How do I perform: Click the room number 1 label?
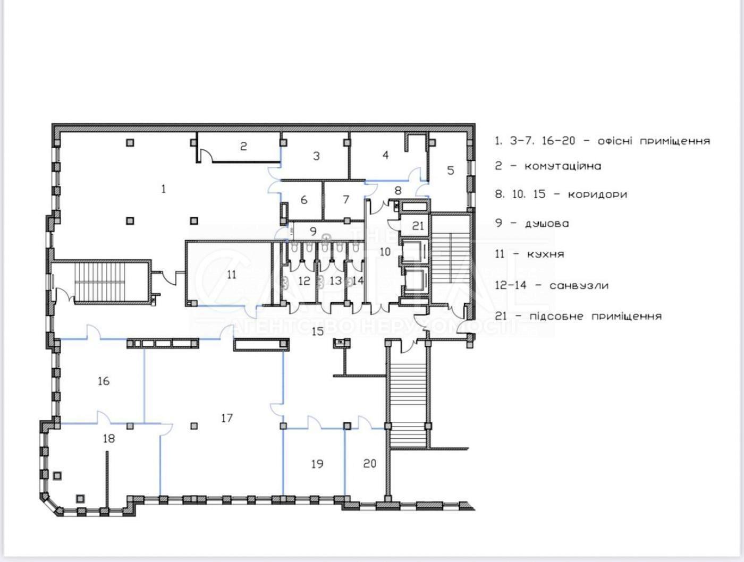point(164,189)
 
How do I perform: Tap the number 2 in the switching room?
point(243,147)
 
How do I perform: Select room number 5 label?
point(451,170)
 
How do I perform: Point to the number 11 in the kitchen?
point(232,275)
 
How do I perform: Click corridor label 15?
point(318,331)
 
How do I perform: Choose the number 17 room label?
point(227,418)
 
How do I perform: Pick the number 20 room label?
point(369,463)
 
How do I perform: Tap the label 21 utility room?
point(418,226)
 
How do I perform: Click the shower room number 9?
point(313,232)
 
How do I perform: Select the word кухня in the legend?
point(545,254)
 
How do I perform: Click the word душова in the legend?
point(547,224)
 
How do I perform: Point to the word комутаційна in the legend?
point(563,166)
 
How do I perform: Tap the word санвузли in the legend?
point(579,285)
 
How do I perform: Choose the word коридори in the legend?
point(597,194)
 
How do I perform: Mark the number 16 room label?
point(104,381)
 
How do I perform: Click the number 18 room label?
point(109,439)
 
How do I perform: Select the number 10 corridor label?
point(385,252)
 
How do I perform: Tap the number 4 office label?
point(385,155)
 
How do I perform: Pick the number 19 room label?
point(317,464)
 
